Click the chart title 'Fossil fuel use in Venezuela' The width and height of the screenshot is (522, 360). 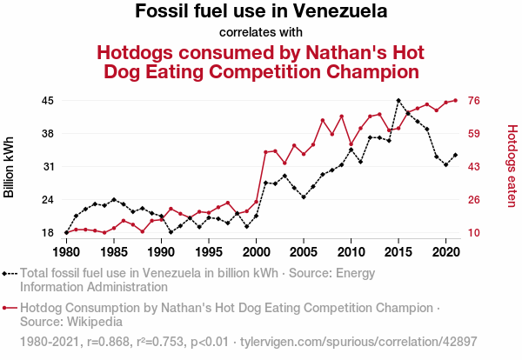point(261,12)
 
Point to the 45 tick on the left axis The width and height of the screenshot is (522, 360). point(48,101)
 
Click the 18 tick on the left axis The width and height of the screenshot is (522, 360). point(48,233)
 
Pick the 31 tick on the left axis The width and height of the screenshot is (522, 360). point(48,167)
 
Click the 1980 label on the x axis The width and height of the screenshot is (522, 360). point(66,252)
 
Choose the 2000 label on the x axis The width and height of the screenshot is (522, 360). point(256,252)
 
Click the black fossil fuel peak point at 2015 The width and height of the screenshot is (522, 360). point(398,101)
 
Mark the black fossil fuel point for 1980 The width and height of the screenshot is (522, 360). point(66,233)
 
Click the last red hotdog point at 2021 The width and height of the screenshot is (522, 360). point(455,101)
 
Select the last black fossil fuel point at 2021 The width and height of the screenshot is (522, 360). point(455,155)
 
